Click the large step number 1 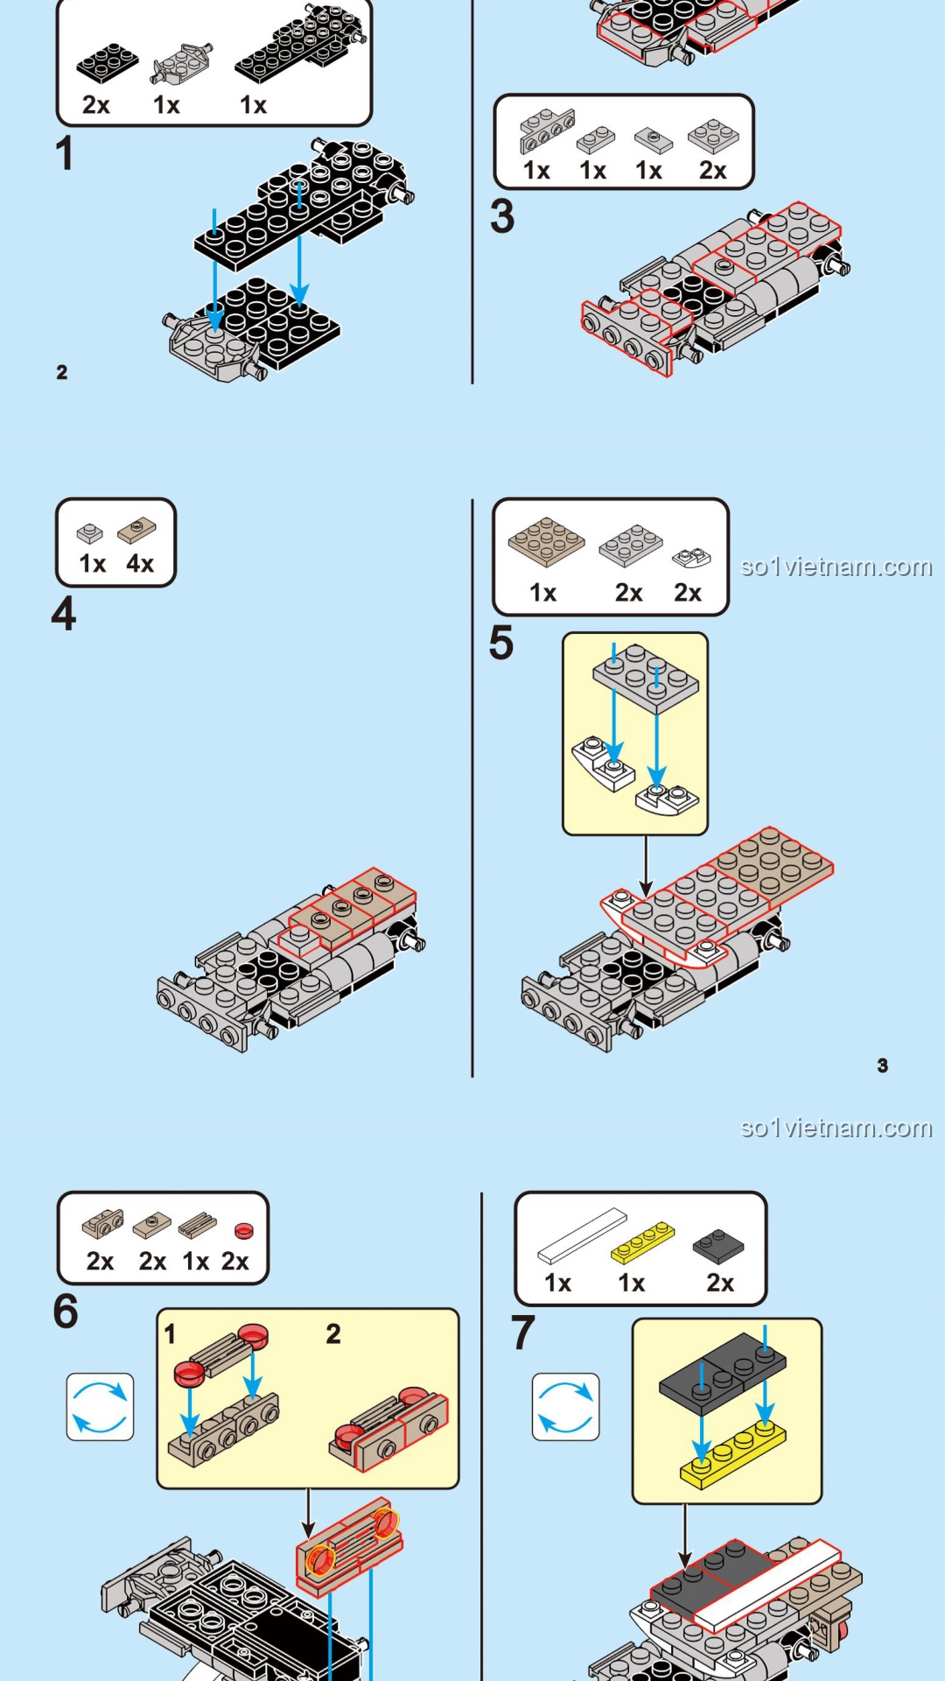click(x=64, y=153)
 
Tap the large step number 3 click(x=502, y=216)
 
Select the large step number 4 click(x=64, y=614)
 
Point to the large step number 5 click(x=501, y=644)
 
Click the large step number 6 click(x=66, y=1312)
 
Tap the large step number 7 click(x=523, y=1333)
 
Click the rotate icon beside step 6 click(x=101, y=1407)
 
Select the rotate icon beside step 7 click(x=566, y=1407)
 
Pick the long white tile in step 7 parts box click(x=582, y=1236)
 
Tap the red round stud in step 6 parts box click(x=243, y=1231)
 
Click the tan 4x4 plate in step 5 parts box click(x=546, y=541)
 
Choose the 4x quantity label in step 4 click(x=140, y=564)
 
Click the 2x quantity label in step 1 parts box click(x=96, y=105)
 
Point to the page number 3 click(x=883, y=1066)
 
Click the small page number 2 click(x=62, y=372)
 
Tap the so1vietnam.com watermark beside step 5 click(x=836, y=567)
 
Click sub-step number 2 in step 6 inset click(x=333, y=1334)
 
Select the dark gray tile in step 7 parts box click(x=718, y=1246)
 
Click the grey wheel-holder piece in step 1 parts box click(x=181, y=63)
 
